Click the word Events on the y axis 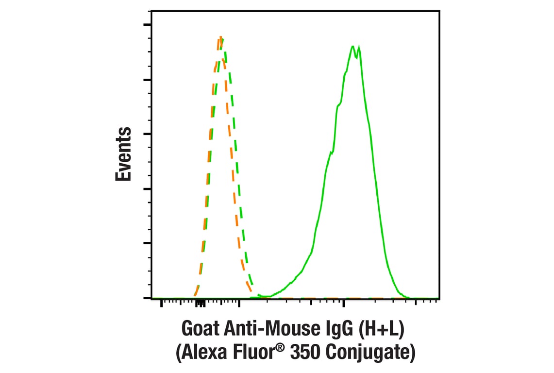point(124,154)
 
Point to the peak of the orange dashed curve point(220,37)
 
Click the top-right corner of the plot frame point(439,11)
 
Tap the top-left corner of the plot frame point(151,11)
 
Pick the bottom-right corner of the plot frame point(439,298)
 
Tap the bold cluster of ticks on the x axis point(201,304)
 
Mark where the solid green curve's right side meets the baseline point(408,298)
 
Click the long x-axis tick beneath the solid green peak point(344,304)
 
